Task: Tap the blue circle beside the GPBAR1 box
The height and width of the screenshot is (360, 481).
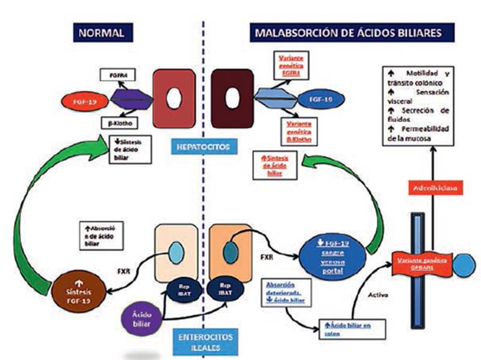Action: [464, 265]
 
